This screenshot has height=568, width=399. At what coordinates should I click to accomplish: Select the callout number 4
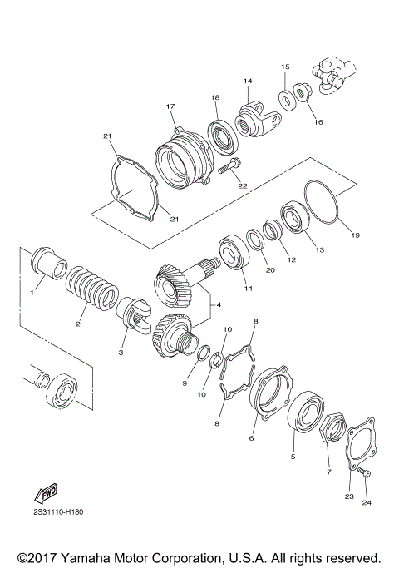[x=219, y=304]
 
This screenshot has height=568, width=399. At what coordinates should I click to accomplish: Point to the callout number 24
[x=368, y=501]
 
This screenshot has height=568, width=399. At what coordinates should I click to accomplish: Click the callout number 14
[x=247, y=81]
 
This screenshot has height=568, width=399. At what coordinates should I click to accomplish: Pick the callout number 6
[x=252, y=437]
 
